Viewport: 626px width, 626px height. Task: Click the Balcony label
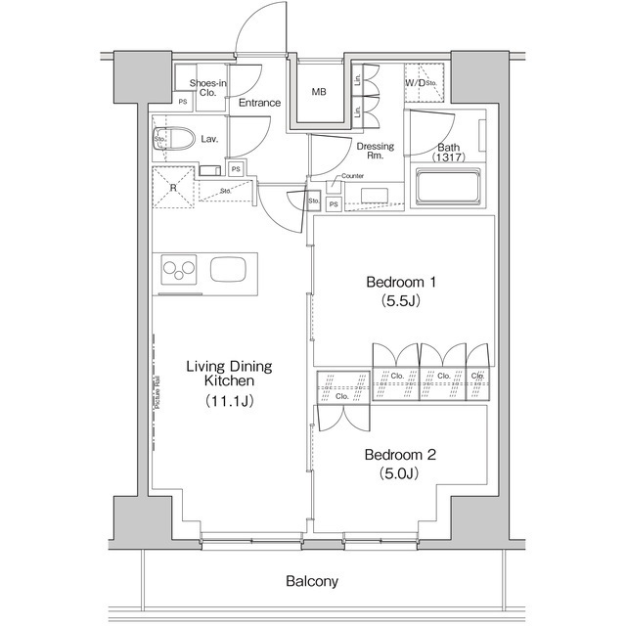(x=312, y=581)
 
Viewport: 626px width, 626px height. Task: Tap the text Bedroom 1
(x=400, y=283)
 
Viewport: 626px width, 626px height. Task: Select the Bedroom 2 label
(x=399, y=455)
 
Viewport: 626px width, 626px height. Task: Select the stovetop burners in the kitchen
(x=179, y=268)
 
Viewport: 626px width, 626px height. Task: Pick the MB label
(x=319, y=93)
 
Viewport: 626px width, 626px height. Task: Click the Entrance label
(x=260, y=103)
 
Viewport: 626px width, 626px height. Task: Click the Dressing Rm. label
(x=375, y=152)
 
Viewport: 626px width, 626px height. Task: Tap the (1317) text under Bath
(x=448, y=157)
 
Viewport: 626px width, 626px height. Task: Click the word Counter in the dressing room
(x=352, y=176)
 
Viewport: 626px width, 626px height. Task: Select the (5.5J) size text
(x=400, y=301)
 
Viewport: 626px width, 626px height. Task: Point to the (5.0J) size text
(x=399, y=474)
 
